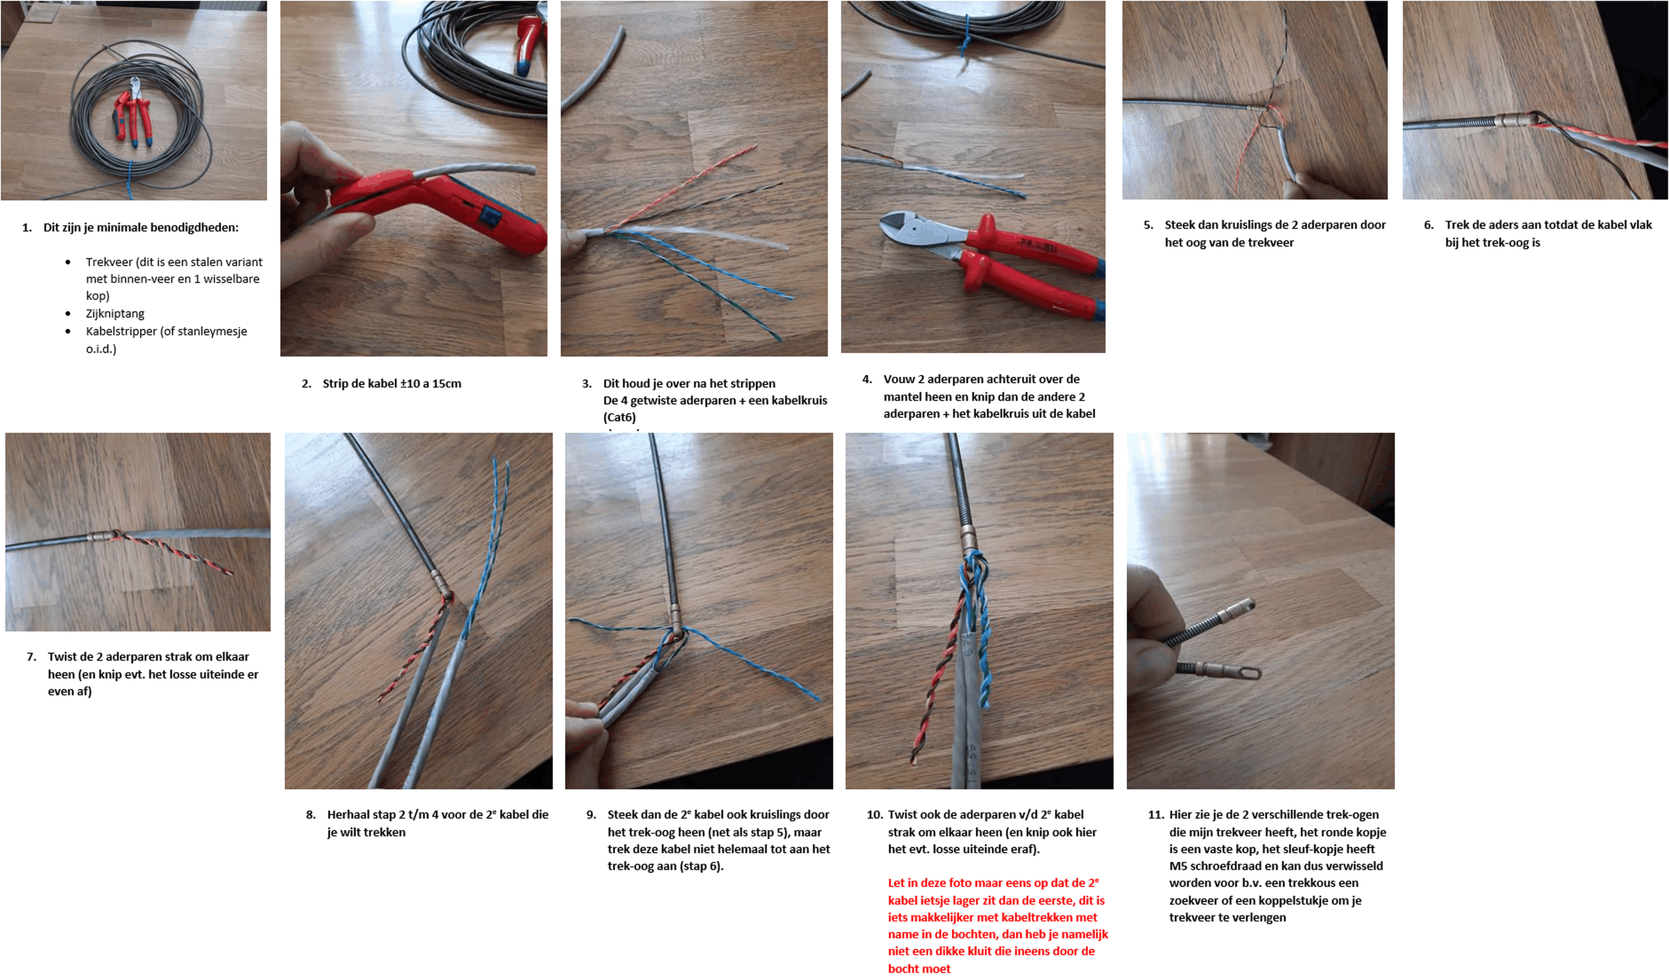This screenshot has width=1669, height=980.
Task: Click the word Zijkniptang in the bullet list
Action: point(115,313)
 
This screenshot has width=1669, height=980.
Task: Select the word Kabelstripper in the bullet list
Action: point(121,331)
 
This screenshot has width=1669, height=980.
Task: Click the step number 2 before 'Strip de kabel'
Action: point(306,383)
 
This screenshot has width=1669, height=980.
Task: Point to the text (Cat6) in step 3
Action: point(619,417)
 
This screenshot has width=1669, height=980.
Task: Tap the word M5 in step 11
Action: point(1177,866)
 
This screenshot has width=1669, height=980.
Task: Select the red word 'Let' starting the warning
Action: point(898,883)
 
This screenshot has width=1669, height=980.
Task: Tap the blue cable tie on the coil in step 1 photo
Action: point(130,179)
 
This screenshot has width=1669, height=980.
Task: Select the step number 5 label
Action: point(1148,225)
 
